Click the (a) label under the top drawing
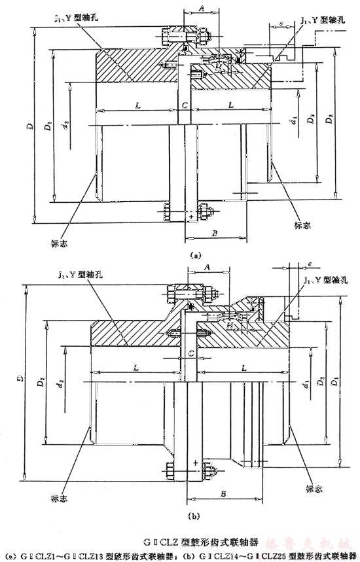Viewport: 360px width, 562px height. [194, 256]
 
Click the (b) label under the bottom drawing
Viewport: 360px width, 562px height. [193, 516]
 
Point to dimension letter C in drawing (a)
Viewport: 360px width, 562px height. [186, 105]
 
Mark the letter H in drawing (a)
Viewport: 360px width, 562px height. [222, 67]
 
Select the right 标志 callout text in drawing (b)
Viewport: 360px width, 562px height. [314, 489]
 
